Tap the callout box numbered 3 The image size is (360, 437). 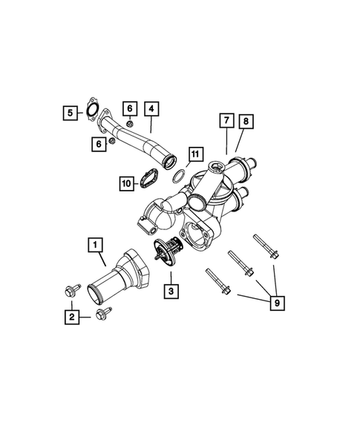(x=171, y=292)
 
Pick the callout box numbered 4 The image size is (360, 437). (x=151, y=109)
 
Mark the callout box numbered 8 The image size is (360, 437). (x=246, y=119)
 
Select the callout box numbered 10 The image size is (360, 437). (x=126, y=181)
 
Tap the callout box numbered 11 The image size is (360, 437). (x=194, y=154)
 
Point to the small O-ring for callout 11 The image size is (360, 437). (x=178, y=175)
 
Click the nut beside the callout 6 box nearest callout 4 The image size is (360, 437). (x=129, y=124)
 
